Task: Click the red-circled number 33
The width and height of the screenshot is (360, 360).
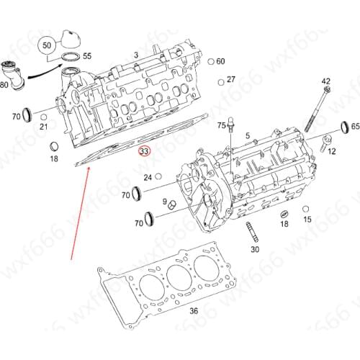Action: [145, 152]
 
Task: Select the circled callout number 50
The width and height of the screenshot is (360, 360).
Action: [47, 45]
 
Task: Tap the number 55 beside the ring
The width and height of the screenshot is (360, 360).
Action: [87, 55]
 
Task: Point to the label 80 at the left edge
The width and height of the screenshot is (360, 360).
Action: [4, 86]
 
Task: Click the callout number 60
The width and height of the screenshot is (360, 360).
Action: [220, 61]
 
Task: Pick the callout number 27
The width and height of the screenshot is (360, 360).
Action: [230, 79]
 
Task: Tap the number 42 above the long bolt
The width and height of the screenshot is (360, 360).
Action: [325, 81]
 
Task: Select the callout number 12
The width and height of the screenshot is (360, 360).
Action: [331, 150]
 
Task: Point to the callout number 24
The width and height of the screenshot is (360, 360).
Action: [148, 177]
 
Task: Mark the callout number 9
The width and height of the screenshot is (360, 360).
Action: [164, 202]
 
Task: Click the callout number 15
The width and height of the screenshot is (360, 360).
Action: [307, 219]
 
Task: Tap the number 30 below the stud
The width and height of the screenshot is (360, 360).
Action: [254, 249]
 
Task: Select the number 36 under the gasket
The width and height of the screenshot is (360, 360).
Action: [193, 311]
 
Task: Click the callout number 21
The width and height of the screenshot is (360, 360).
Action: [43, 127]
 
